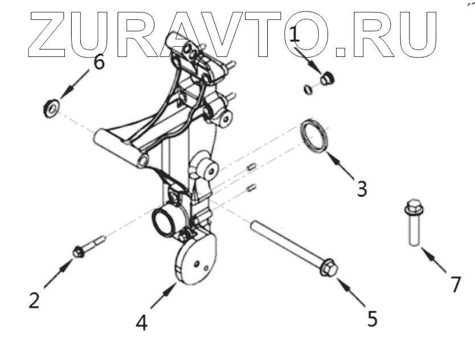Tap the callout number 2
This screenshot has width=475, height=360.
[34, 300]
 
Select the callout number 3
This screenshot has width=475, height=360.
[362, 188]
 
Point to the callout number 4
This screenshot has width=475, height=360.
[142, 322]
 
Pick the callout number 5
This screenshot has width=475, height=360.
[372, 318]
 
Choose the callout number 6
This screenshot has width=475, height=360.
[99, 62]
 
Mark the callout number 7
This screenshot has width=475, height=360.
[455, 284]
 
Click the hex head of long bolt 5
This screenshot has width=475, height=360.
[328, 267]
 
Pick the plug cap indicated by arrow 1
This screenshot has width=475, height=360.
[326, 79]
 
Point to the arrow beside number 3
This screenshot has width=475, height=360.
[345, 169]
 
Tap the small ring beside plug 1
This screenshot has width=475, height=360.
[309, 89]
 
